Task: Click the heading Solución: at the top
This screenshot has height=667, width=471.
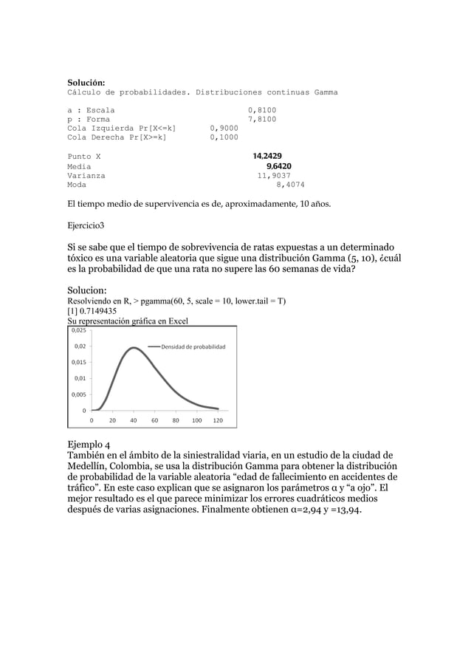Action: pyautogui.click(x=86, y=81)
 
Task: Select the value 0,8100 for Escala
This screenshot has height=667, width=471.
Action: pyautogui.click(x=262, y=110)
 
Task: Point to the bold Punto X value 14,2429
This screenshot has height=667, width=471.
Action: pyautogui.click(x=267, y=157)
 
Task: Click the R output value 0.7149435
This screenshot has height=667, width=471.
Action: pyautogui.click(x=97, y=311)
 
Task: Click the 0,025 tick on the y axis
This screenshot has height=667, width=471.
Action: pyautogui.click(x=78, y=331)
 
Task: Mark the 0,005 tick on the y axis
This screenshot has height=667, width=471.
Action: pyautogui.click(x=78, y=394)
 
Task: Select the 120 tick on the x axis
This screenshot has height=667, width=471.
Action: pyautogui.click(x=218, y=420)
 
